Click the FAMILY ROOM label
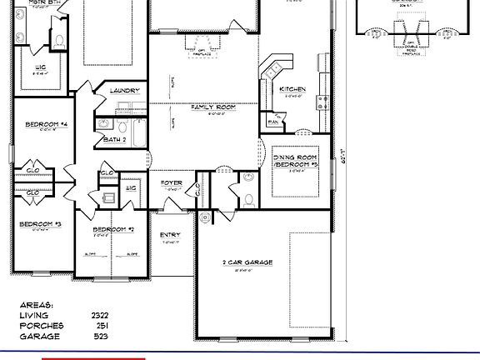pos(212,107)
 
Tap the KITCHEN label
pos(292,89)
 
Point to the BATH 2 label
pos(115,140)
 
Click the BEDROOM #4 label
pos(46,124)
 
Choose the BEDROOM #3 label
pos(41,224)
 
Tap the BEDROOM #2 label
pos(113,229)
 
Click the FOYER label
pos(172,182)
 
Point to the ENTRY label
pos(170,235)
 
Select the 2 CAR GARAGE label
pos(247,262)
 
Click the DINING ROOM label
pos(296,157)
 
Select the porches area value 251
pos(102,326)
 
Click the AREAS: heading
pos(37,305)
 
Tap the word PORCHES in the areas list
pos(40,326)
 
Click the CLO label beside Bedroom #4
pos(34,170)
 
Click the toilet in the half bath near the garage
pos(249,199)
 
